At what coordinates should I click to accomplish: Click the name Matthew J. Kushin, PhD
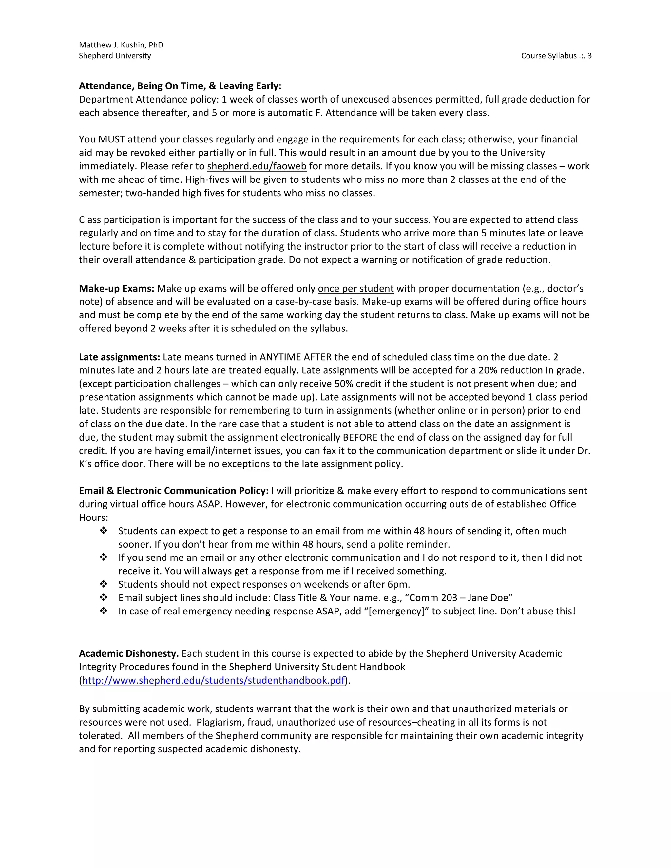[121, 45]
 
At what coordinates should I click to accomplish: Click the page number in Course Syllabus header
[589, 56]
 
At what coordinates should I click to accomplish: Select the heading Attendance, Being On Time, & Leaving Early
[180, 86]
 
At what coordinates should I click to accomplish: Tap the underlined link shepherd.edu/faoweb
[257, 166]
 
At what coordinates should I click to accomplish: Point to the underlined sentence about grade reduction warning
[419, 260]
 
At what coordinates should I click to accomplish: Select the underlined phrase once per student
[355, 289]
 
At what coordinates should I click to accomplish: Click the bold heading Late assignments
[119, 357]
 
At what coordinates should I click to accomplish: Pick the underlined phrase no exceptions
[239, 464]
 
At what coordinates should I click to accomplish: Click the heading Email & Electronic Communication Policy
[173, 491]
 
